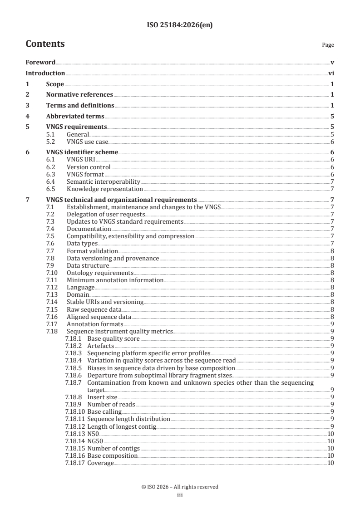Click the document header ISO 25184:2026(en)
pos(180,25)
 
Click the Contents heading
pos(45,44)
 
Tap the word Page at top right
pos(328,45)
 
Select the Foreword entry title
pos(40,62)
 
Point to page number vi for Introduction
pos(331,73)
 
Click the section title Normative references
pos(79,95)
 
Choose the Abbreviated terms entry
pos(75,116)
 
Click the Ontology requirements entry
pos(100,273)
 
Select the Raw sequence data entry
pos(94,309)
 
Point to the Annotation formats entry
pos(95,324)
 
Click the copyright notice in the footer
pos(180,487)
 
